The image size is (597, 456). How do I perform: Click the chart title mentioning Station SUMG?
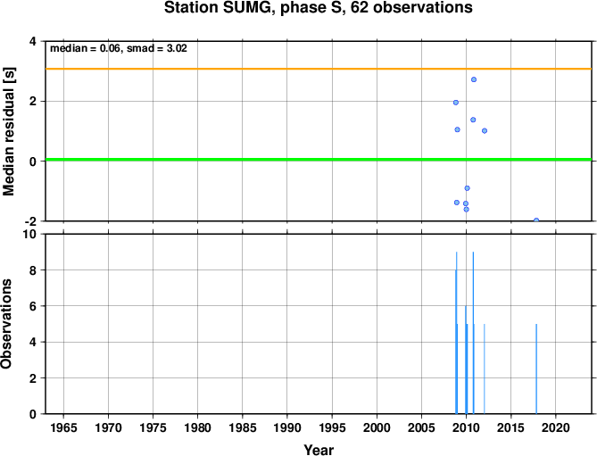pyautogui.click(x=319, y=7)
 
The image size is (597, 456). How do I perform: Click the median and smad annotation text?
pyautogui.click(x=119, y=48)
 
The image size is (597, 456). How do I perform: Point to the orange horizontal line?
pyautogui.click(x=319, y=69)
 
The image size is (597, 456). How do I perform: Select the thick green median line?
pyautogui.click(x=319, y=160)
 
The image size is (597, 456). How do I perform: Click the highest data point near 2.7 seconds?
pyautogui.click(x=474, y=79)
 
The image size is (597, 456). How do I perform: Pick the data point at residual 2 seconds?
pyautogui.click(x=456, y=103)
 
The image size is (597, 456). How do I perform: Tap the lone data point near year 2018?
pyautogui.click(x=536, y=220)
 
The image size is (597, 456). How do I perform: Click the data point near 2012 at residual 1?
pyautogui.click(x=485, y=130)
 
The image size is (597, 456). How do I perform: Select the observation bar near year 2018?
pyautogui.click(x=536, y=369)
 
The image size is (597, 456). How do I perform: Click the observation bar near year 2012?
pyautogui.click(x=485, y=369)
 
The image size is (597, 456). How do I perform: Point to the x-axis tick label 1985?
pyautogui.click(x=242, y=427)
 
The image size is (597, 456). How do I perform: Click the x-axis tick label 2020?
pyautogui.click(x=555, y=427)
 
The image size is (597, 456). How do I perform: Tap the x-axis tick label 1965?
pyautogui.click(x=63, y=427)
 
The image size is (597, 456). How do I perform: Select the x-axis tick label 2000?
pyautogui.click(x=377, y=427)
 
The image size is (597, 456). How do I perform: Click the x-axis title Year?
pyautogui.click(x=319, y=450)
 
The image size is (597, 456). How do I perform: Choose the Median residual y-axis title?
pyautogui.click(x=8, y=131)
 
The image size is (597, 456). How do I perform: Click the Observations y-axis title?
pyautogui.click(x=6, y=324)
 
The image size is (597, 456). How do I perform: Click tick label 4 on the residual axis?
pyautogui.click(x=33, y=41)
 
